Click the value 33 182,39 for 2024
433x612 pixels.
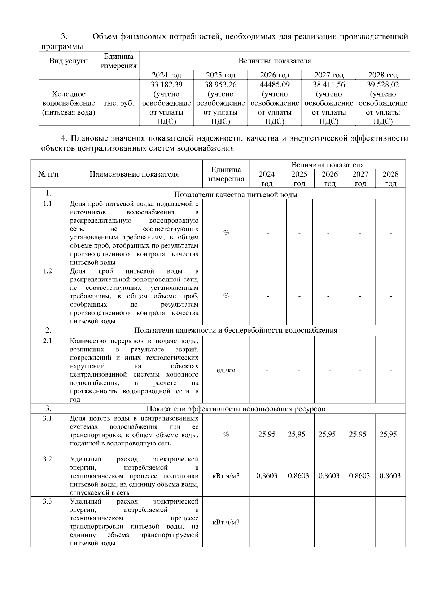click(x=166, y=85)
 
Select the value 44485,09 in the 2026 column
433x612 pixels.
click(x=275, y=85)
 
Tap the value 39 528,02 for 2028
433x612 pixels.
click(x=383, y=85)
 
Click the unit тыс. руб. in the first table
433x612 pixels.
click(x=118, y=103)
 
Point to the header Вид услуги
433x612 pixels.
click(x=69, y=61)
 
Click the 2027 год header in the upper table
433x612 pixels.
click(x=329, y=75)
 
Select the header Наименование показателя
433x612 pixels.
click(x=134, y=174)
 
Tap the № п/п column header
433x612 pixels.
click(x=48, y=174)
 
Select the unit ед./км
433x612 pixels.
click(x=226, y=370)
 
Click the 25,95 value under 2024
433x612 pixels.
click(x=267, y=434)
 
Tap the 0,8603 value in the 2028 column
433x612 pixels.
click(x=390, y=476)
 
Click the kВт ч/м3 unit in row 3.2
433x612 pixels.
click(x=226, y=476)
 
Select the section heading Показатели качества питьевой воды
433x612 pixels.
click(x=236, y=195)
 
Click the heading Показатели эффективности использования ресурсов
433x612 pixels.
click(x=236, y=409)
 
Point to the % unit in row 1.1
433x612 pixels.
click(x=226, y=233)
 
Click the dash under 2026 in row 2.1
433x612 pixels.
click(x=330, y=370)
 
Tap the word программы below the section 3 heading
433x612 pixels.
click(x=62, y=47)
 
